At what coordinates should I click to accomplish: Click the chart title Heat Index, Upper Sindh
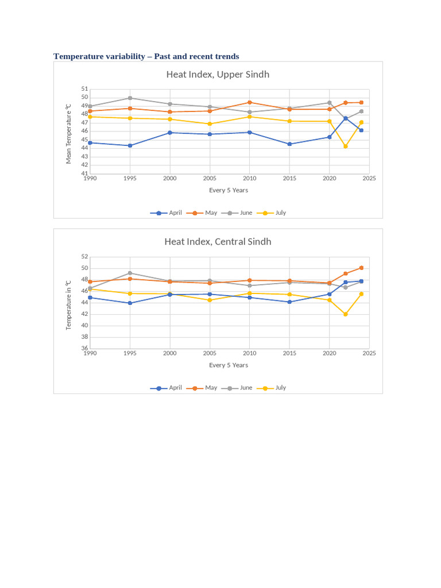pyautogui.click(x=218, y=75)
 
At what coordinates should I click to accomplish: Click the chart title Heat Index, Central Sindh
pyautogui.click(x=218, y=242)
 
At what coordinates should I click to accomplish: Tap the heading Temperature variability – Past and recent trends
pyautogui.click(x=146, y=56)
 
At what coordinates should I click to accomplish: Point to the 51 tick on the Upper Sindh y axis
pyautogui.click(x=84, y=89)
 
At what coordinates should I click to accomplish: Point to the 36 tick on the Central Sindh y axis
pyautogui.click(x=84, y=349)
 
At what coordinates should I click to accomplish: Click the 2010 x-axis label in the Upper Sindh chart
pyautogui.click(x=249, y=179)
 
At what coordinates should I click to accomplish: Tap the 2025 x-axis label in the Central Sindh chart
pyautogui.click(x=369, y=354)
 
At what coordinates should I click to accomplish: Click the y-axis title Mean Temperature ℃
pyautogui.click(x=69, y=134)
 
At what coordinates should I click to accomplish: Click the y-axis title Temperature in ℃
pyautogui.click(x=69, y=304)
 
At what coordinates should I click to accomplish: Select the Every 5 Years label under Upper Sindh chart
pyautogui.click(x=229, y=190)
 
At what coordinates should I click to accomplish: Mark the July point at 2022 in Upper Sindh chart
pyautogui.click(x=346, y=146)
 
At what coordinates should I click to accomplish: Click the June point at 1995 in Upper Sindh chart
pyautogui.click(x=130, y=98)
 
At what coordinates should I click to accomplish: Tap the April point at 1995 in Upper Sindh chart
pyautogui.click(x=130, y=146)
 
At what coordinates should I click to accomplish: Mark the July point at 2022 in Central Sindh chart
pyautogui.click(x=346, y=314)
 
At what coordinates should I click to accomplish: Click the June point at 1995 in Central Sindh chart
pyautogui.click(x=130, y=273)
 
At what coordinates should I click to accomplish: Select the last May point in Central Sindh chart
pyautogui.click(x=361, y=268)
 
